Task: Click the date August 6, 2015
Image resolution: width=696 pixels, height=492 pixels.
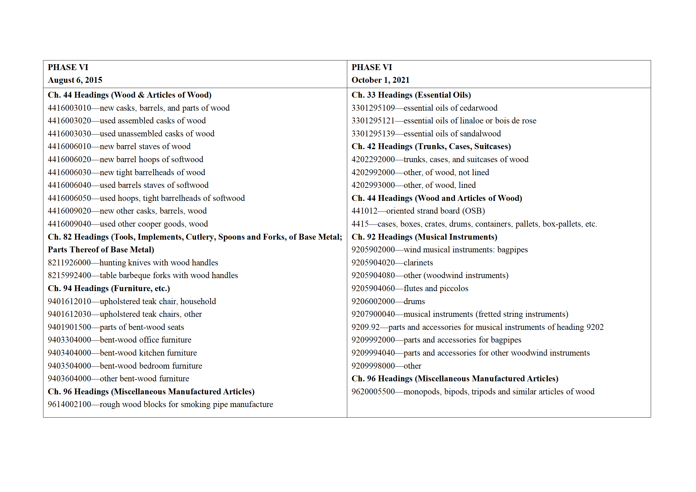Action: pyautogui.click(x=75, y=80)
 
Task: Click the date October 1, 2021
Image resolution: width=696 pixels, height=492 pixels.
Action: pyautogui.click(x=380, y=80)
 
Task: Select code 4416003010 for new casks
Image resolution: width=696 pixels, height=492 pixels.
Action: pyautogui.click(x=69, y=108)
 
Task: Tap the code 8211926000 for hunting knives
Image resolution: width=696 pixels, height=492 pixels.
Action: pyautogui.click(x=69, y=263)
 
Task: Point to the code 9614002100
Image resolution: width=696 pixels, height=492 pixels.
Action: pyautogui.click(x=69, y=404)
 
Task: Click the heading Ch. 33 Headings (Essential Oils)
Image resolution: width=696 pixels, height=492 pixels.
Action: pyautogui.click(x=411, y=95)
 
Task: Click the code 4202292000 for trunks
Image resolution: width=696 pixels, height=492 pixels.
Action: pyautogui.click(x=373, y=159)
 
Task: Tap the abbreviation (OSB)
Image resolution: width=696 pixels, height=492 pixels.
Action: pyautogui.click(x=474, y=211)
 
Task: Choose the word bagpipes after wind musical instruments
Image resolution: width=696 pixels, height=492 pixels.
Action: pyautogui.click(x=512, y=250)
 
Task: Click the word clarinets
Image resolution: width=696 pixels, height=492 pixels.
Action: pyautogui.click(x=418, y=263)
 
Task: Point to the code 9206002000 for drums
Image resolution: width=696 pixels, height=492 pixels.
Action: pyautogui.click(x=373, y=301)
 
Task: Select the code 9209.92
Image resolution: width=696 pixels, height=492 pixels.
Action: pyautogui.click(x=366, y=327)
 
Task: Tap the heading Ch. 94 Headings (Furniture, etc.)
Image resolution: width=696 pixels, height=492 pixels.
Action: pyautogui.click(x=109, y=288)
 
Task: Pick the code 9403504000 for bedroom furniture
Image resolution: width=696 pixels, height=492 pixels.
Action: pyautogui.click(x=69, y=366)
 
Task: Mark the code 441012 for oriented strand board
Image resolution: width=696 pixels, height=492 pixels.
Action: pyautogui.click(x=365, y=211)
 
